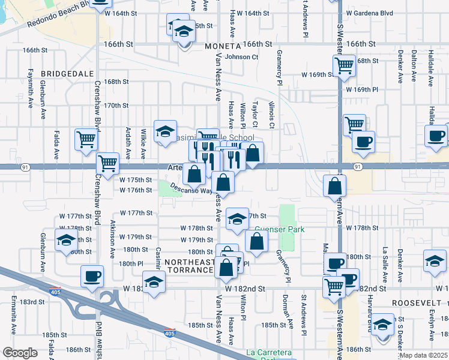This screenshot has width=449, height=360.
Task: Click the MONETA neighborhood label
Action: click(x=222, y=46)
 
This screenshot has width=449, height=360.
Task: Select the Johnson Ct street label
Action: click(x=241, y=57)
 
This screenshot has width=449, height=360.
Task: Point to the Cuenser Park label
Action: click(x=279, y=229)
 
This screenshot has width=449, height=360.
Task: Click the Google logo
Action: click(x=20, y=353)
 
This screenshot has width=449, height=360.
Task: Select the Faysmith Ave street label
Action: click(x=30, y=95)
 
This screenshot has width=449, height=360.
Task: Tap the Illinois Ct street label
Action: click(x=272, y=115)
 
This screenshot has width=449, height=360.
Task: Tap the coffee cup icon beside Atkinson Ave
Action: click(x=92, y=276)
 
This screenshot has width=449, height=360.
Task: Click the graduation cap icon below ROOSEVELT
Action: click(x=381, y=324)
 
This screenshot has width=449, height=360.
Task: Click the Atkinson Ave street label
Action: click(x=113, y=239)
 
